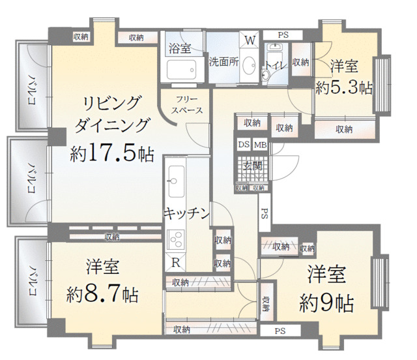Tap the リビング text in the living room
[x=112, y=102]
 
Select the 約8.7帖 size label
[x=102, y=295]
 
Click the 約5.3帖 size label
[x=343, y=87]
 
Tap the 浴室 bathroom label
[x=179, y=48]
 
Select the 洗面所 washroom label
[x=223, y=63]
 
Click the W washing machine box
[x=250, y=40]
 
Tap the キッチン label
[x=186, y=213]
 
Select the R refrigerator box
[x=176, y=263]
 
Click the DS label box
[x=243, y=145]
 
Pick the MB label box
[x=259, y=145]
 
